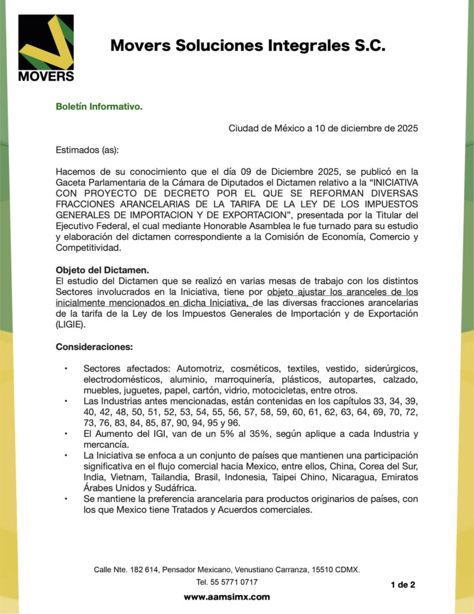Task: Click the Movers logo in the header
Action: point(46,48)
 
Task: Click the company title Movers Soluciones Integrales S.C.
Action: point(247,46)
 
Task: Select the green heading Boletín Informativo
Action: point(99,107)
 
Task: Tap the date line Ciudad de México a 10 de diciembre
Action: point(323,128)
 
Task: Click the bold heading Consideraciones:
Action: point(94,347)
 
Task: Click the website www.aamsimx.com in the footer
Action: point(227,597)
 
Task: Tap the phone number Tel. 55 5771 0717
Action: point(227,582)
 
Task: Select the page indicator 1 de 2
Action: point(402,585)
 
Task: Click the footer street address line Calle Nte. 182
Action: point(227,569)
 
